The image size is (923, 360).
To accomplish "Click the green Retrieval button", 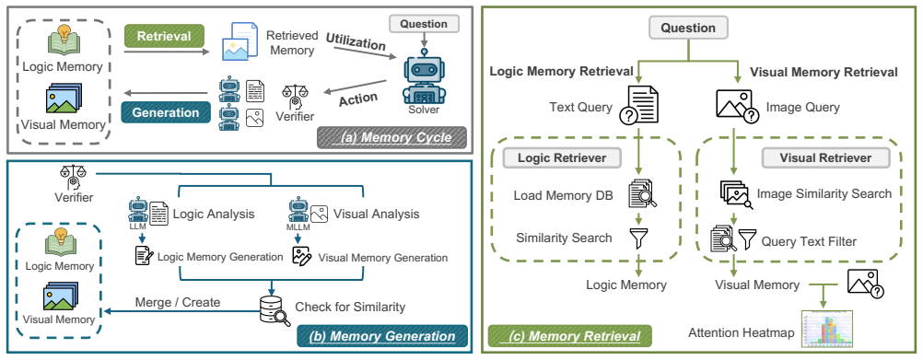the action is [164, 36].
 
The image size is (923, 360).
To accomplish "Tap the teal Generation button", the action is [164, 112].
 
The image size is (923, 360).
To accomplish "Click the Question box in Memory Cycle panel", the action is [423, 24].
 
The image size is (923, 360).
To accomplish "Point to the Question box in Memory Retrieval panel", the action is [688, 28].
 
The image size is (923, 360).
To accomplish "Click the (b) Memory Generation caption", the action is [382, 336].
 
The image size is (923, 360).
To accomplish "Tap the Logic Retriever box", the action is [562, 157].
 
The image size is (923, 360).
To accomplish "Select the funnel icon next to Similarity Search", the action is [638, 238].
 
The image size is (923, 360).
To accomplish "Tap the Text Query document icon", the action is [638, 105].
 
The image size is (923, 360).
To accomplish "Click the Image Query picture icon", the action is [736, 106].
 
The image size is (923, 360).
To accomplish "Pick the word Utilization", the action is [356, 42].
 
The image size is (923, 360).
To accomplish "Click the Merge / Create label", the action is [177, 302].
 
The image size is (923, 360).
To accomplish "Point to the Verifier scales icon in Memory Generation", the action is [72, 177].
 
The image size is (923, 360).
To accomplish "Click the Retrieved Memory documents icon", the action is [239, 41].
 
